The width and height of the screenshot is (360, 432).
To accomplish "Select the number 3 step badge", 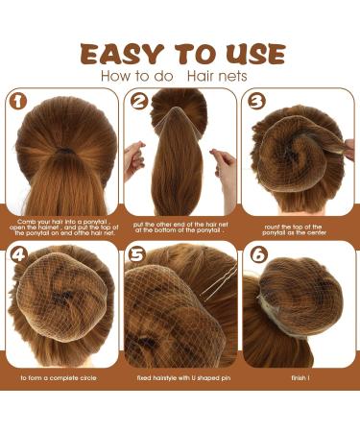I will pyautogui.click(x=255, y=101).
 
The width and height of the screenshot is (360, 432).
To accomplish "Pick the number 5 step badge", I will pyautogui.click(x=137, y=256).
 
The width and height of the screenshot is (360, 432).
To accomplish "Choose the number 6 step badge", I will pyautogui.click(x=255, y=256).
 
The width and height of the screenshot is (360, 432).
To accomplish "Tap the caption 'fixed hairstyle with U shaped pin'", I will pyautogui.click(x=180, y=378).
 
